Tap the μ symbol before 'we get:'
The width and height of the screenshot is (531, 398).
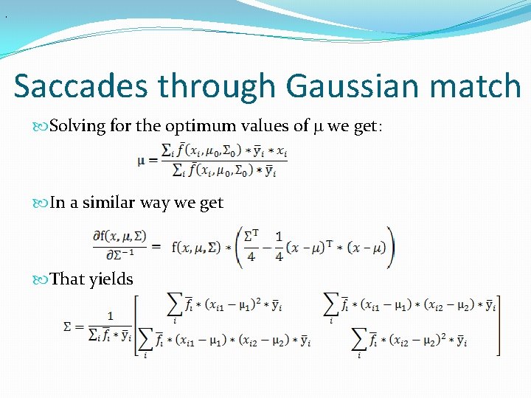[318, 127]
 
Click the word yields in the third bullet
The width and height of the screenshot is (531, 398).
[111, 279]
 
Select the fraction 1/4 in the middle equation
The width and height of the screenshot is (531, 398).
[278, 247]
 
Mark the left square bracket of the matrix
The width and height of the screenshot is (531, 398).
[137, 326]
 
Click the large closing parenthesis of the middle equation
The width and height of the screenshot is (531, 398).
[391, 247]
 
